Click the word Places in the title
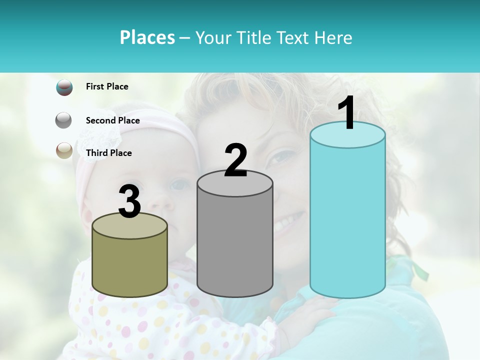[147, 37]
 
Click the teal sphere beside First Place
[64, 87]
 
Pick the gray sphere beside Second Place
[64, 120]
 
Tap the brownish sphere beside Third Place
[64, 151]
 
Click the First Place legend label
[107, 86]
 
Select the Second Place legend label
[112, 120]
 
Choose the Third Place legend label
[108, 153]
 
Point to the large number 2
[236, 160]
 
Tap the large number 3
[130, 202]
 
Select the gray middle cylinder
[235, 245]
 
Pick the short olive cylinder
[130, 267]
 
